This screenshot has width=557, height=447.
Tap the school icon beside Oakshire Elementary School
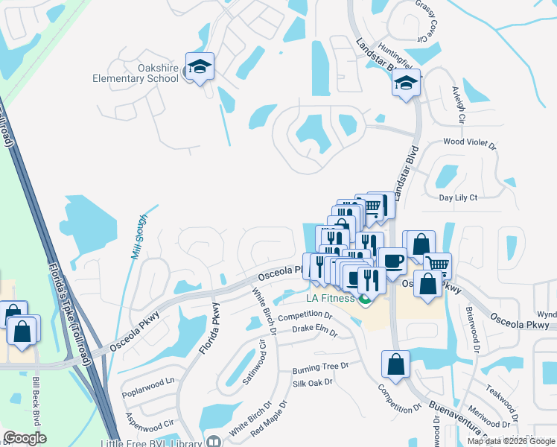point(200,67)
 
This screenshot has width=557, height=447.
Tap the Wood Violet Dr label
point(469,141)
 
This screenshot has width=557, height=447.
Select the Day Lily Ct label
point(458,197)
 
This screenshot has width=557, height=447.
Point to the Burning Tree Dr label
point(320,367)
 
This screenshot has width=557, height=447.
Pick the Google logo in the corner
point(25,438)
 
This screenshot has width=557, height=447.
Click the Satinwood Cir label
point(254,364)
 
